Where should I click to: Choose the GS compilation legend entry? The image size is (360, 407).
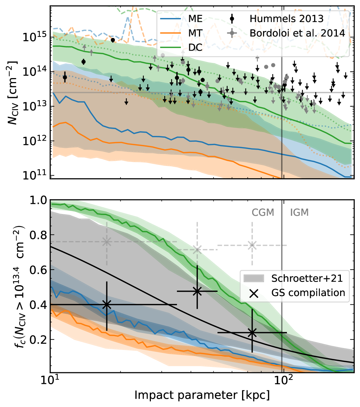(309, 292)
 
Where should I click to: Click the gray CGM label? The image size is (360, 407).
(263, 213)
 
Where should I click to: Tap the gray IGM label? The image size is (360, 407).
(299, 213)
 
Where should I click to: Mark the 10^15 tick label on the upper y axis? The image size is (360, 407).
(34, 38)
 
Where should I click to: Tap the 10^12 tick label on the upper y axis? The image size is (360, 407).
(34, 141)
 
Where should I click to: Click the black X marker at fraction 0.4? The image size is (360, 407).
(106, 305)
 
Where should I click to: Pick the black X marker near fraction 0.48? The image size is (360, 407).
(197, 291)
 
